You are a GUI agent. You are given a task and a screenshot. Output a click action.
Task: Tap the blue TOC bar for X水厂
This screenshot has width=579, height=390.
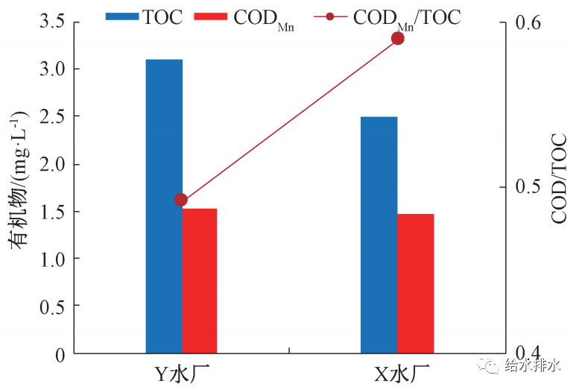point(379,234)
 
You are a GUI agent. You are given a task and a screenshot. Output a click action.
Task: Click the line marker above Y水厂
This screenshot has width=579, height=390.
point(181,200)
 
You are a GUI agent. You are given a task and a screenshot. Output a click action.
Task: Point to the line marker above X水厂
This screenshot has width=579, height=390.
point(397,38)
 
